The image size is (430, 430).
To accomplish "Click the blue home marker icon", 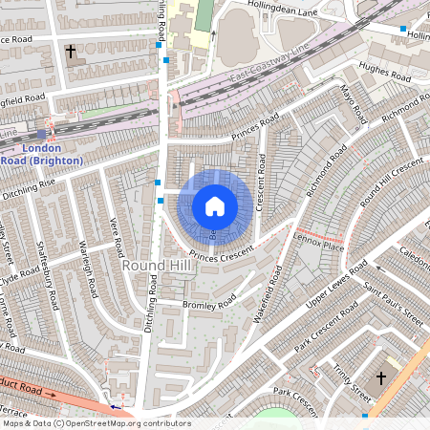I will coord(215,205).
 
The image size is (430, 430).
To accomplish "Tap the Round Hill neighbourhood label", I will coord(155,264).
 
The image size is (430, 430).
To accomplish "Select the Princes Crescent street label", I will coord(222,253).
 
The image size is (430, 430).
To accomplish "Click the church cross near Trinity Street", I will coord(380,379).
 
